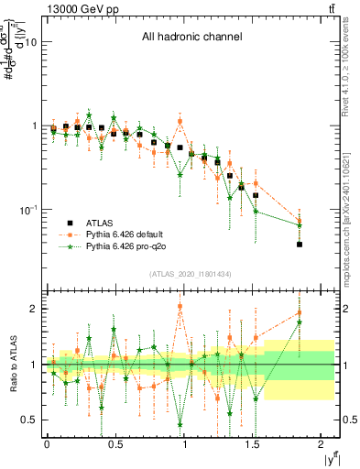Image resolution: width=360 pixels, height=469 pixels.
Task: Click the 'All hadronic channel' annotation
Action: coord(191,38)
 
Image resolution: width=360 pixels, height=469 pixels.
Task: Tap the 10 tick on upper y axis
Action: coord(30,42)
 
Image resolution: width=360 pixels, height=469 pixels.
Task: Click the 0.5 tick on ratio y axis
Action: coord(29,420)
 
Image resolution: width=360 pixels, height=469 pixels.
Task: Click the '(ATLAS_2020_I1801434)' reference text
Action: coord(190,274)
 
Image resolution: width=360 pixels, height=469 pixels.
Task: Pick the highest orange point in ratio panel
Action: coord(180,306)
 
